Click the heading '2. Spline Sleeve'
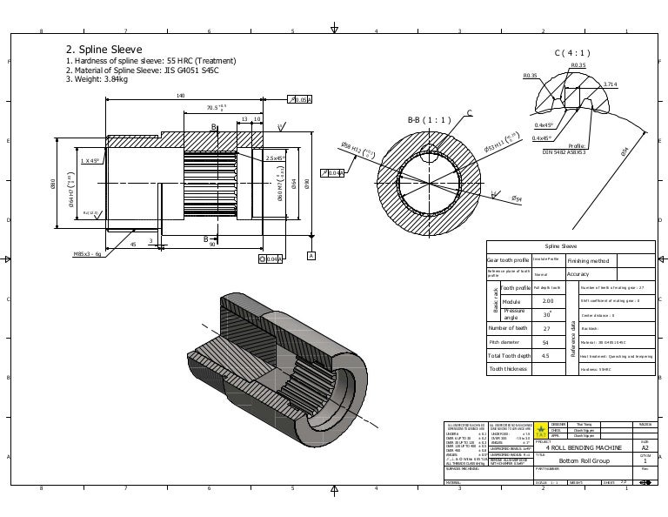click(x=104, y=50)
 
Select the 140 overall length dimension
click(x=180, y=96)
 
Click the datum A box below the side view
click(x=311, y=255)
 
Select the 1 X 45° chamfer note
click(x=92, y=161)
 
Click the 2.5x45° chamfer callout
click(x=276, y=158)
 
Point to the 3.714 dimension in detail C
click(x=611, y=84)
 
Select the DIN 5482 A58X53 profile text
click(x=564, y=152)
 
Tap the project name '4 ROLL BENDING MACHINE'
click(x=588, y=446)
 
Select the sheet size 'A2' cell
click(x=644, y=446)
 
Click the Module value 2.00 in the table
click(x=548, y=302)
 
